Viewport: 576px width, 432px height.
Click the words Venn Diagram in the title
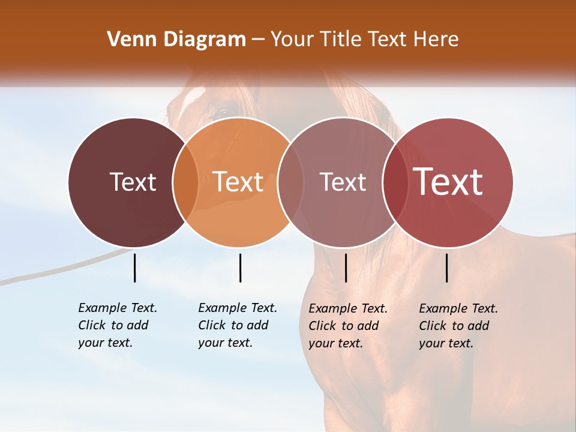point(176,40)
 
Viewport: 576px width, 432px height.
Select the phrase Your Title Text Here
point(364,40)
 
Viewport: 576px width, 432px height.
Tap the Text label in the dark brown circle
point(133,182)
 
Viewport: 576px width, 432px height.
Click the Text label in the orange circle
point(238,182)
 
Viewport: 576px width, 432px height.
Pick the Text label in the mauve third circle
point(343,182)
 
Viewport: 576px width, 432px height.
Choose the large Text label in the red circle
point(448,182)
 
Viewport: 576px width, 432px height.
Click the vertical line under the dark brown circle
point(134,268)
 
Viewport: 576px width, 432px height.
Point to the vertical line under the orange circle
point(240,268)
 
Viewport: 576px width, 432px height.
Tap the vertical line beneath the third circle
point(346,268)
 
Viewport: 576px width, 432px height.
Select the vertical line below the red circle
point(446,268)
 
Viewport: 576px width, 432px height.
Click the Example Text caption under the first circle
point(117,325)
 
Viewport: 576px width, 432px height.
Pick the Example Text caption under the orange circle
point(237,325)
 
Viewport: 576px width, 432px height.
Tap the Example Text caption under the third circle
point(347,326)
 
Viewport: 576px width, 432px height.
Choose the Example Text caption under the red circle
point(458,326)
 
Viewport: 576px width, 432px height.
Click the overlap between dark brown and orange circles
point(185,182)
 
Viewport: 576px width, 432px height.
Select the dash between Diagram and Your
point(258,40)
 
